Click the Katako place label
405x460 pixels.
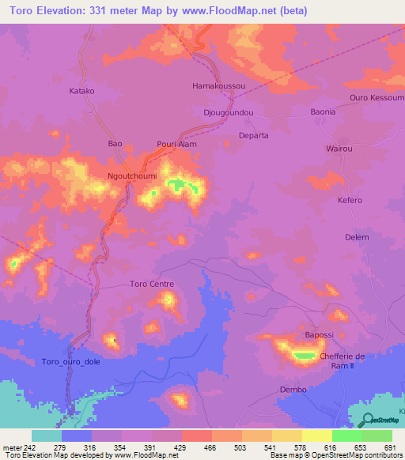82,91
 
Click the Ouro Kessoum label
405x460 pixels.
377,98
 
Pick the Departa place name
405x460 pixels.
254,135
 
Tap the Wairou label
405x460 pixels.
339,149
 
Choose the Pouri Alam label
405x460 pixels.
177,145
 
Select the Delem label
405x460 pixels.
358,237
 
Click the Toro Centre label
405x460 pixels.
151,284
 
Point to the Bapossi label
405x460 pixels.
318,336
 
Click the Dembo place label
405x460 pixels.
293,390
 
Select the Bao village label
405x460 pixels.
115,144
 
